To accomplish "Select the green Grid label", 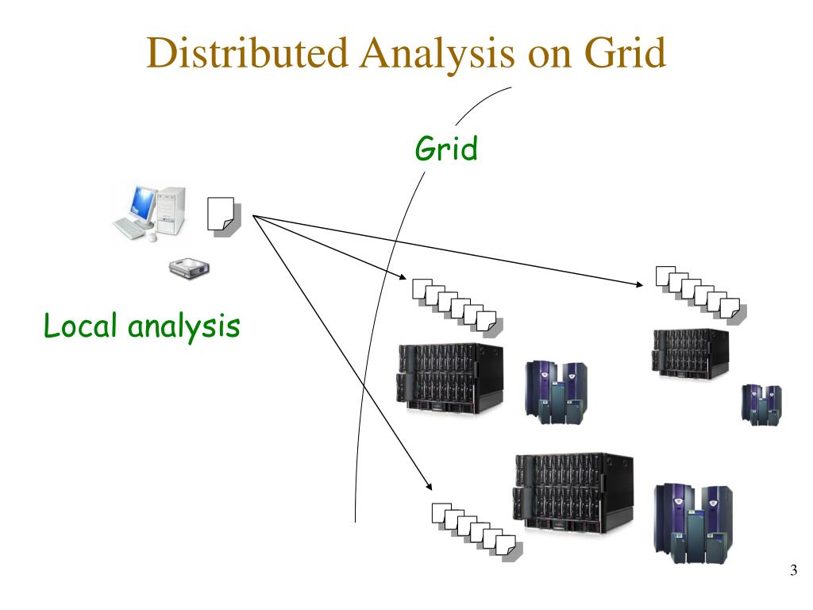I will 447,149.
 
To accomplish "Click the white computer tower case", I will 172,208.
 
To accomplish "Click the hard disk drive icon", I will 187,269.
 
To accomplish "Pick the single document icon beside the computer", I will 222,214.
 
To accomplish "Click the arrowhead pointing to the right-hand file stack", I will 642,284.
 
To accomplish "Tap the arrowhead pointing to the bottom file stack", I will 430,485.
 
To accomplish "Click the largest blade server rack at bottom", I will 573,492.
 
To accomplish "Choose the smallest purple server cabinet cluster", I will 760,404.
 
